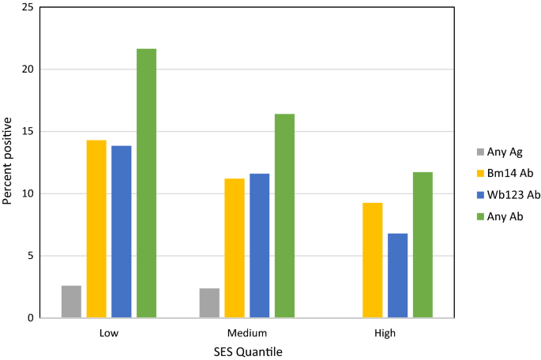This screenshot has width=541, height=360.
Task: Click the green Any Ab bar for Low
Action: coord(146,183)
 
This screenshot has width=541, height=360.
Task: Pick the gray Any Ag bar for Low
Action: coord(71,302)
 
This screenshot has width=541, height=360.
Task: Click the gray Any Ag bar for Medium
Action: coord(209,303)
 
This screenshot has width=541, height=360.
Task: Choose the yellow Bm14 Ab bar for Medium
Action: coord(235,248)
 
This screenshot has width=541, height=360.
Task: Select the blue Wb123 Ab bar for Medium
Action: coord(259,246)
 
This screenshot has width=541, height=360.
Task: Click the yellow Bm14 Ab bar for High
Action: coord(373,261)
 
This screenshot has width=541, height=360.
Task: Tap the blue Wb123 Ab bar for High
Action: coord(397,276)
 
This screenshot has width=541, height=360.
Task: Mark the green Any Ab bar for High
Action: coord(423,245)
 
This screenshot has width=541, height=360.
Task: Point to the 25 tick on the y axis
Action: coord(28,7)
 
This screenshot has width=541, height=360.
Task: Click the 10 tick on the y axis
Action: coord(28,193)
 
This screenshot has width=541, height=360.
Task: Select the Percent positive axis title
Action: coord(8,160)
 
